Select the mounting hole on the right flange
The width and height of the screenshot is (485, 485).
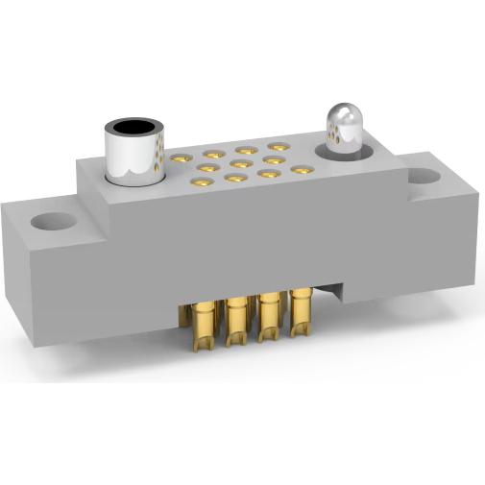(x=423, y=178)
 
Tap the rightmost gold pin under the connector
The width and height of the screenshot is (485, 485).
(x=301, y=313)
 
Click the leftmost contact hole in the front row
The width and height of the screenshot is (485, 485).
(x=203, y=182)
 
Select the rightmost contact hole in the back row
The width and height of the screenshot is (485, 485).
(x=279, y=147)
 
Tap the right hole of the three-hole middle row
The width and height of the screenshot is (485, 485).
(x=272, y=160)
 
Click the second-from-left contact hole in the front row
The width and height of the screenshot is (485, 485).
(x=235, y=179)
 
